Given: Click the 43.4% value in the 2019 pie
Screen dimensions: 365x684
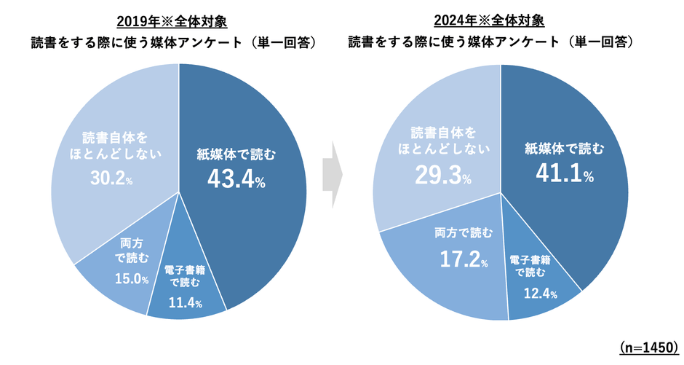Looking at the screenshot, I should [x=236, y=178].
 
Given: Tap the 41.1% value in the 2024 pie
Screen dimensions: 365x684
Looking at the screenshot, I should [x=565, y=173].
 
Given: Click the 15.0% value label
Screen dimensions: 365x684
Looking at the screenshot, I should [x=131, y=279].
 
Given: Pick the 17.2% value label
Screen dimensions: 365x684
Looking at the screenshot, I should [x=463, y=259].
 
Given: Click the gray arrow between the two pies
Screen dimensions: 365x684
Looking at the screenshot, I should [x=333, y=175].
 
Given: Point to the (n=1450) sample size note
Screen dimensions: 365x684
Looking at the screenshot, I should [x=648, y=348].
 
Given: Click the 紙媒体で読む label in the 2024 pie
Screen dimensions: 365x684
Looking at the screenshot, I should [x=565, y=149].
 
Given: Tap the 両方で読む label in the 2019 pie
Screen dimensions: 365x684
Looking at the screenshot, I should [x=133, y=250].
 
